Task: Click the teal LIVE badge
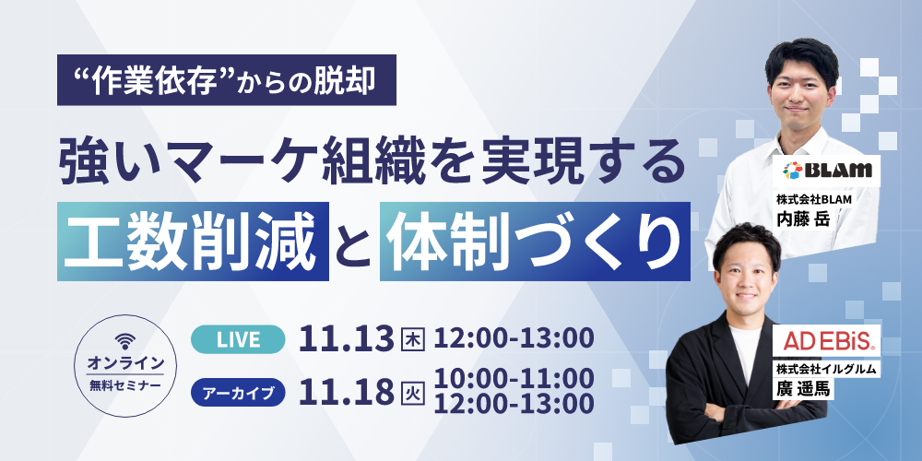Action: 238,339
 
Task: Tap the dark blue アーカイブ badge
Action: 238,393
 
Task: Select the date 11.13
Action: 346,340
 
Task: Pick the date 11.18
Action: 346,393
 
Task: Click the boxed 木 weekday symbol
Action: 412,340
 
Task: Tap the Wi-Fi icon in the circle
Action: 125,341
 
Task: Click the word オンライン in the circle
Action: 125,363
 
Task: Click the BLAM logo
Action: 827,171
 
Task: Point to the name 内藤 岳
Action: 803,219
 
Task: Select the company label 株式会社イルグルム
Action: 827,370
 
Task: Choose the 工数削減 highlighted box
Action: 193,241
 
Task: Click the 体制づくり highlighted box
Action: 535,241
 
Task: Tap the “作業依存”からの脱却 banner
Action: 227,80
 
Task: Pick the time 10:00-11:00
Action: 514,378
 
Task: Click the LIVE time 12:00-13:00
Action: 514,339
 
